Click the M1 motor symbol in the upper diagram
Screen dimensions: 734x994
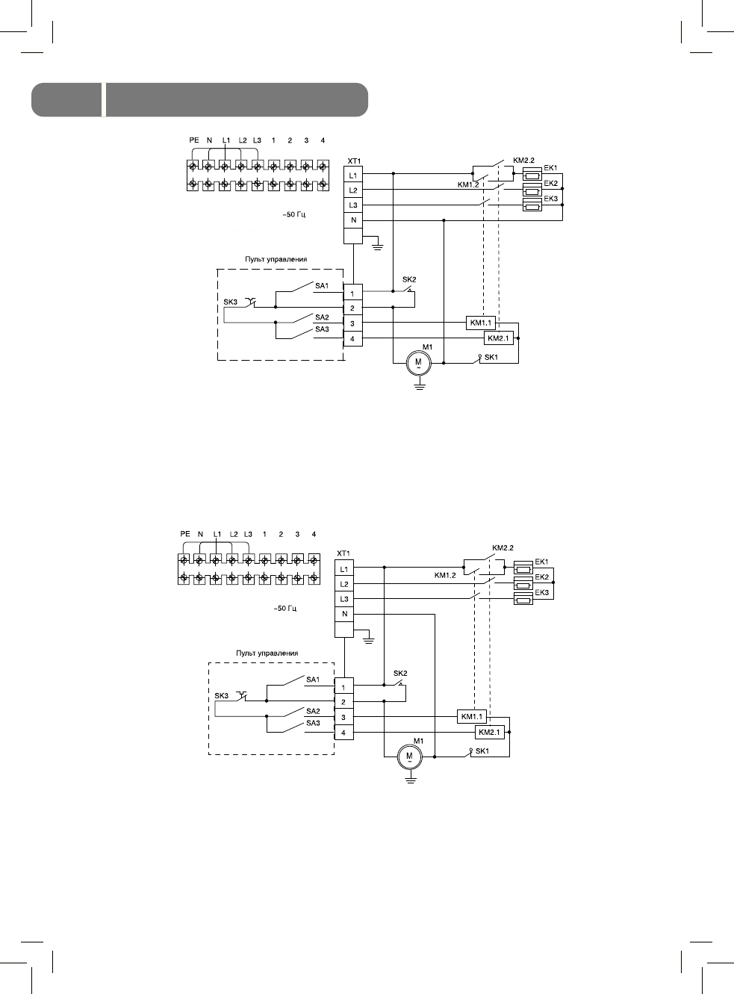click(x=418, y=362)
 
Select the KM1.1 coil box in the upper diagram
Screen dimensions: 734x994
click(x=480, y=323)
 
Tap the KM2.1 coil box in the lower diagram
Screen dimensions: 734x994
click(x=489, y=733)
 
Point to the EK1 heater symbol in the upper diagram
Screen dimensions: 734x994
click(x=532, y=173)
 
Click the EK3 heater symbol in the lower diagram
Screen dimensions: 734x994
click(x=523, y=599)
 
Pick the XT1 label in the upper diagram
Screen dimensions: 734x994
click(x=354, y=161)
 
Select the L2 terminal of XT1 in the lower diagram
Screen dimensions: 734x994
click(x=344, y=584)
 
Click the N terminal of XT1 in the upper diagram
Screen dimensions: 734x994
click(x=353, y=220)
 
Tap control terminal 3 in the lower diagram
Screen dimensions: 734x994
click(x=343, y=717)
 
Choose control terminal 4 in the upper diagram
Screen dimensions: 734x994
click(x=352, y=339)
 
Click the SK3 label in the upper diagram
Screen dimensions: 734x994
click(x=230, y=302)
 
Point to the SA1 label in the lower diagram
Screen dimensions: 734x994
click(x=313, y=680)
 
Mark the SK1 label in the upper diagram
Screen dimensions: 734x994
click(x=491, y=357)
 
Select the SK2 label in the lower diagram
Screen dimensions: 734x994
click(x=400, y=673)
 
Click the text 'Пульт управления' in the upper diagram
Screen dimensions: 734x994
click(x=276, y=259)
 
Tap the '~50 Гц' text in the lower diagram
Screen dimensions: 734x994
click(x=285, y=609)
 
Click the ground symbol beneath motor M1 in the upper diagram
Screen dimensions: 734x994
click(x=419, y=385)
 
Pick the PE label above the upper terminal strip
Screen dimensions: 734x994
click(x=194, y=140)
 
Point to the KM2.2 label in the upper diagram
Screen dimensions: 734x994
click(x=524, y=160)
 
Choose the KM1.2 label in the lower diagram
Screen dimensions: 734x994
click(x=445, y=576)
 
